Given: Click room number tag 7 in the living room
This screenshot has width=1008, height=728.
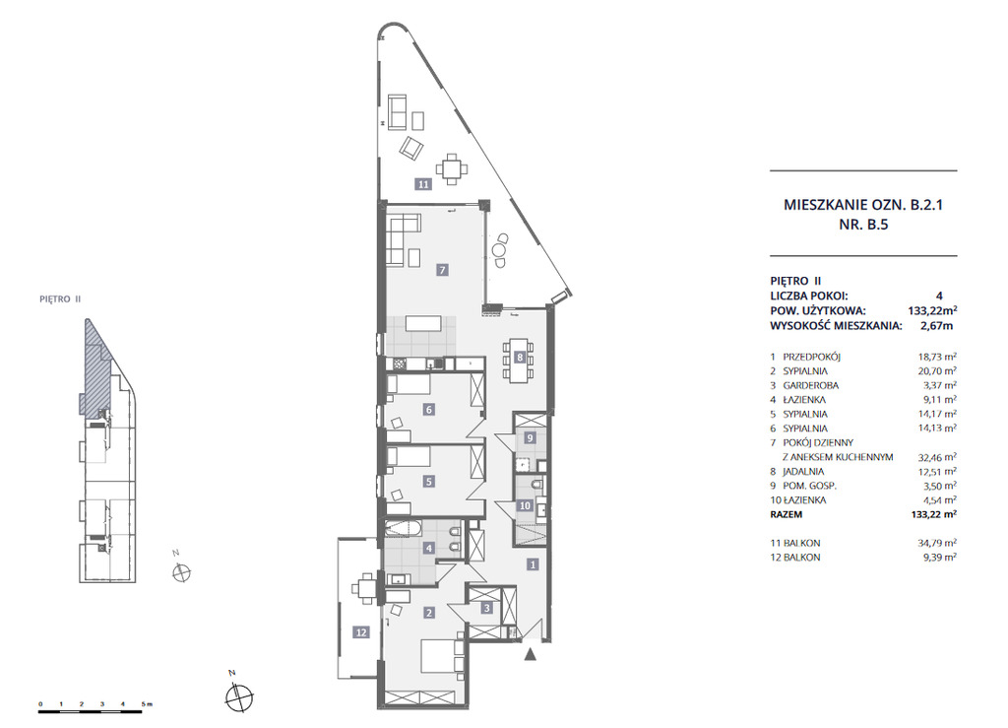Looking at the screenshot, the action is click(x=442, y=270).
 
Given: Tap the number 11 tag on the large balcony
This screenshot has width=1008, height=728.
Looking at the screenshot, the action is click(x=423, y=184).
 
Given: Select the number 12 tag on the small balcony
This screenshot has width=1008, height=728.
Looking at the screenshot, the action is click(x=361, y=632).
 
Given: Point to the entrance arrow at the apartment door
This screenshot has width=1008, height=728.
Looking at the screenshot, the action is click(x=531, y=655).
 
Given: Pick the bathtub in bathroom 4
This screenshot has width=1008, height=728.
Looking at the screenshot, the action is click(x=403, y=531).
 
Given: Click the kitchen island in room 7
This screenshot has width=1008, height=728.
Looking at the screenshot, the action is click(x=422, y=323).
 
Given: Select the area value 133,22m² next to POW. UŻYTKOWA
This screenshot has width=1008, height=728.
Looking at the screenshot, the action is click(x=932, y=310).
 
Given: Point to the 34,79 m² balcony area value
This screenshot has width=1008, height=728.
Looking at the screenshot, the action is click(x=937, y=542).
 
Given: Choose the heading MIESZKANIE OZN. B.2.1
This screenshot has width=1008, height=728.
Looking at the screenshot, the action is click(x=863, y=205).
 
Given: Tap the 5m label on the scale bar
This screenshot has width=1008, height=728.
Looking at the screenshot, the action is click(x=146, y=704).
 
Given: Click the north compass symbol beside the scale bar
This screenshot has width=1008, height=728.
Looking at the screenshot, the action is click(x=239, y=695).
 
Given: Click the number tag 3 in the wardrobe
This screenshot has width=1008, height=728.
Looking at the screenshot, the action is click(x=487, y=608).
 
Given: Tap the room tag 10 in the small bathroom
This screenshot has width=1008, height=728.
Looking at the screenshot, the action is click(x=526, y=505).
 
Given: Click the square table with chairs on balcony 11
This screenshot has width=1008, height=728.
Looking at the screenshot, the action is click(x=453, y=168).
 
